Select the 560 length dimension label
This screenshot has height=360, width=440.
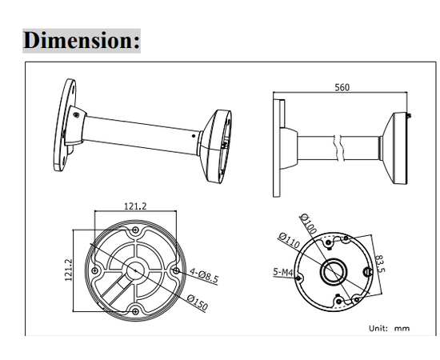[x=342, y=88]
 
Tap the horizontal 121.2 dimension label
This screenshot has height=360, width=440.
[x=134, y=206]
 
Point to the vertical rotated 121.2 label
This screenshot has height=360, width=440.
[x=69, y=269]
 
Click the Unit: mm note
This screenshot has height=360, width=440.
[x=389, y=328]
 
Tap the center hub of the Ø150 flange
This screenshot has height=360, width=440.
[x=134, y=271]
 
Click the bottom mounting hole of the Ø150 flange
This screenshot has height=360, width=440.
[x=134, y=310]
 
